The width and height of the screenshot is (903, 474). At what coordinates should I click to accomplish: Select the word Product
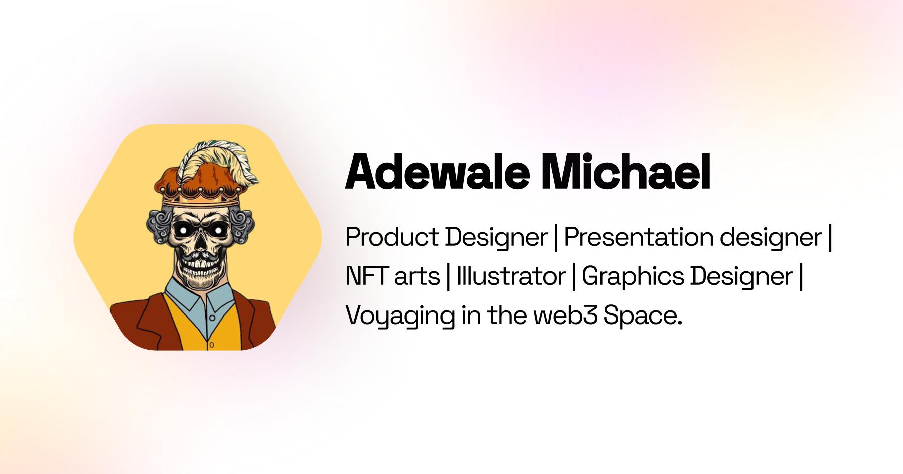[x=392, y=237]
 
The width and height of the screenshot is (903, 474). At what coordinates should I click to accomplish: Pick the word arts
[x=417, y=277]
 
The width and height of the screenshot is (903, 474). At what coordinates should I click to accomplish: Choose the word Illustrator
[x=511, y=276]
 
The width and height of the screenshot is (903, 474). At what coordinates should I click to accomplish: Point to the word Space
[x=642, y=316]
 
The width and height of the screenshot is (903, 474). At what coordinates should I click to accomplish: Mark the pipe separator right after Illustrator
[x=574, y=277]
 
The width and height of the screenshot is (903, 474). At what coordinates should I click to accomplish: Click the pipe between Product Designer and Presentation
[x=556, y=238]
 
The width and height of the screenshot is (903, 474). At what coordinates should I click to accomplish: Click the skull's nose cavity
[x=200, y=244]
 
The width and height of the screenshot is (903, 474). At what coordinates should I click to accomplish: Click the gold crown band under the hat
[x=201, y=199]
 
